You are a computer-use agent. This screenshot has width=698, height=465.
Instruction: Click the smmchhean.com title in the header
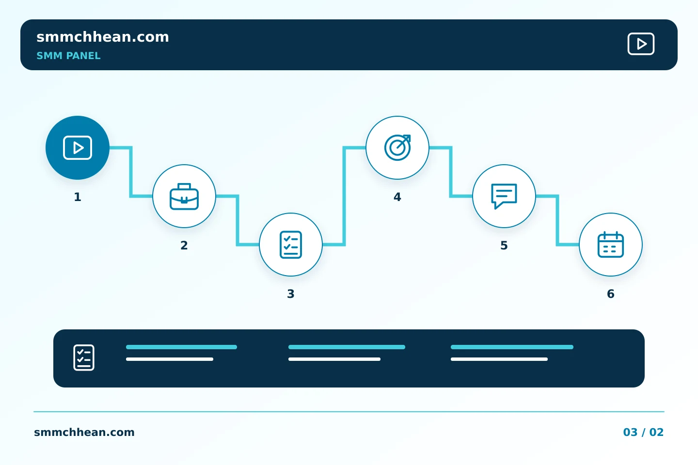click(103, 37)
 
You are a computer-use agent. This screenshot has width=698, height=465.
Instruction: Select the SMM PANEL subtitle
click(68, 56)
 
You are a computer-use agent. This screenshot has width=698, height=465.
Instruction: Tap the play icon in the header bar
click(641, 44)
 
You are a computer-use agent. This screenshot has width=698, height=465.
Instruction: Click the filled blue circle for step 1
click(78, 148)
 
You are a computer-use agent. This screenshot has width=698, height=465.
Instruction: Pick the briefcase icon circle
click(184, 196)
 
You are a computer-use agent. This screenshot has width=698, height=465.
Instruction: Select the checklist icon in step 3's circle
click(291, 245)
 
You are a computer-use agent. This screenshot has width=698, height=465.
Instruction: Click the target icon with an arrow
click(397, 148)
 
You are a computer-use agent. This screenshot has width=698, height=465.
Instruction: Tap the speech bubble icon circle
click(504, 196)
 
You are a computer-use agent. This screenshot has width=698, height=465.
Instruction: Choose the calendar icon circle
click(611, 245)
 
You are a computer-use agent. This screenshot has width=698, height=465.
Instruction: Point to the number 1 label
click(78, 197)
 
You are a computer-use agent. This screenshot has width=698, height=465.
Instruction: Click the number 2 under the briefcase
click(184, 246)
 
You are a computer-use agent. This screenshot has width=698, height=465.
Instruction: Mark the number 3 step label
click(291, 294)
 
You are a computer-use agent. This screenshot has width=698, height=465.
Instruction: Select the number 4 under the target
click(397, 197)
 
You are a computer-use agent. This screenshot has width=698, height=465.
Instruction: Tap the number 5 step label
click(504, 246)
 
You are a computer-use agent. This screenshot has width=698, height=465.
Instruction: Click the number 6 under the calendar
click(611, 294)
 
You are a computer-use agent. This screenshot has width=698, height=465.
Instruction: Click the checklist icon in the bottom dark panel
click(84, 357)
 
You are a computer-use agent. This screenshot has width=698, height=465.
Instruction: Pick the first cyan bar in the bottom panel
click(181, 347)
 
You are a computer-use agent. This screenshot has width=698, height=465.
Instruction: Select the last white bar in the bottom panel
click(499, 359)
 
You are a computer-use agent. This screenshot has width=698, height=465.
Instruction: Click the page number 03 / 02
click(643, 432)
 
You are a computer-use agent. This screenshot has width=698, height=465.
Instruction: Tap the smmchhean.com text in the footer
click(84, 432)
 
